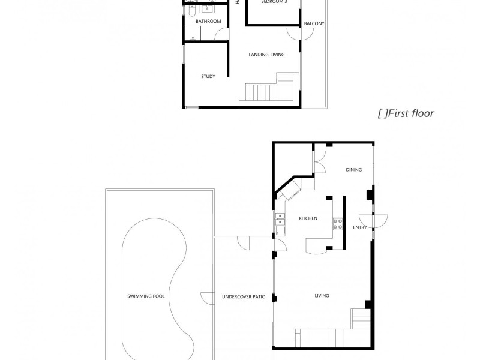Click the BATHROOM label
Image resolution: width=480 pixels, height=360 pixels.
(208, 22)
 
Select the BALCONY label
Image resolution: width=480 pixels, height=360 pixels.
(314, 24)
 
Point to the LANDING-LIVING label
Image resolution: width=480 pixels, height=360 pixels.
(266, 55)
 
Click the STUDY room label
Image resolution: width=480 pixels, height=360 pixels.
(208, 76)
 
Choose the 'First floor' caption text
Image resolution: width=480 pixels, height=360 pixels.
(406, 113)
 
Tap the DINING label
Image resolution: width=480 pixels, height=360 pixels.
(353, 170)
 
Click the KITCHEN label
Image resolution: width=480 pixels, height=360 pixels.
(308, 218)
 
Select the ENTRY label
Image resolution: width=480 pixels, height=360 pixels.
(359, 227)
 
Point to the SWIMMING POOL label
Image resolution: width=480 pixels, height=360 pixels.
(146, 296)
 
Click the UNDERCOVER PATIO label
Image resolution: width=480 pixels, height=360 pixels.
(244, 296)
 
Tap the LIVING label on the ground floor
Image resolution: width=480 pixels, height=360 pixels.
(322, 296)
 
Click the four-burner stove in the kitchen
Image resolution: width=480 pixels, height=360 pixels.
(338, 224)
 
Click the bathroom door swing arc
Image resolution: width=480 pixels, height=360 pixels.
(193, 37)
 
